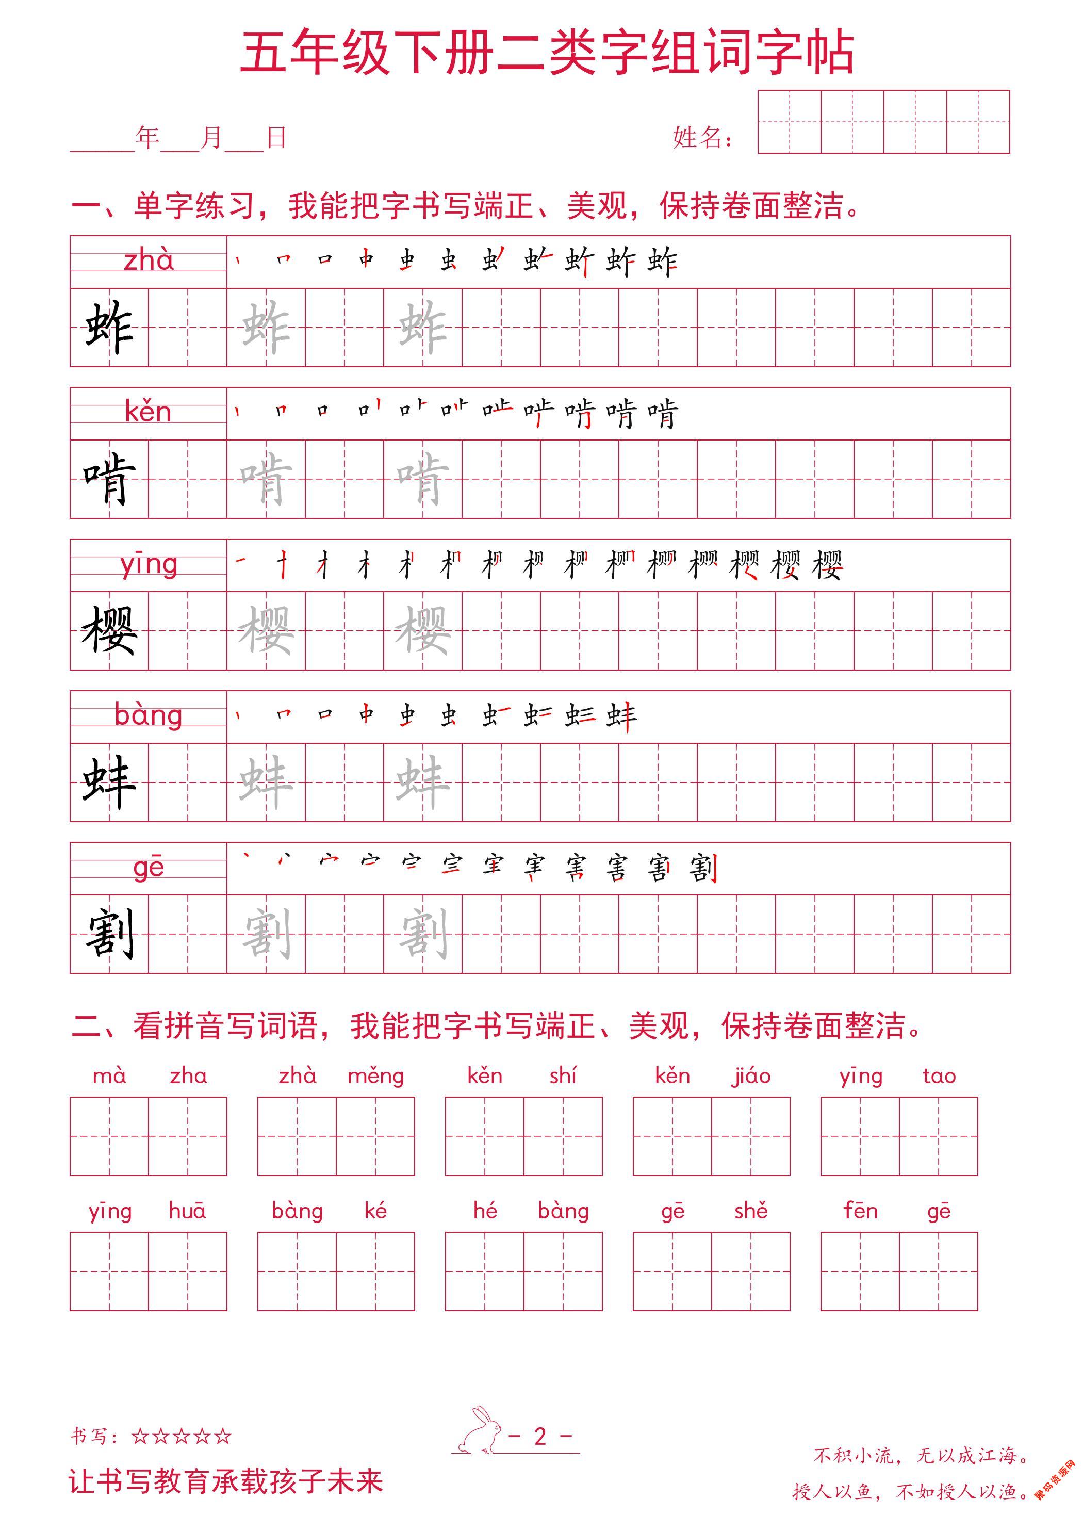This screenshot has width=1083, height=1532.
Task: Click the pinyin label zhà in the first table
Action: tap(148, 260)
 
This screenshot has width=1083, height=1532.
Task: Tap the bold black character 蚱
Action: tap(109, 328)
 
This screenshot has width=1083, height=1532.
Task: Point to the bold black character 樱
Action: tap(109, 630)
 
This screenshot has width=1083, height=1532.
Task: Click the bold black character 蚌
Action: tap(109, 782)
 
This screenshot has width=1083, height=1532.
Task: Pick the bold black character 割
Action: tap(109, 934)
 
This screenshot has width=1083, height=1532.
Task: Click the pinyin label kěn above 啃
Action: tap(148, 412)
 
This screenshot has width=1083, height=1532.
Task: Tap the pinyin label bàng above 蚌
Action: tap(148, 715)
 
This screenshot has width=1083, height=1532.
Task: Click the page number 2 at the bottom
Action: tap(540, 1436)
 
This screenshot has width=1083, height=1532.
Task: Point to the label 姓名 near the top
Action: tap(701, 138)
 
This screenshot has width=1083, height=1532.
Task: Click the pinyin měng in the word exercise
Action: tap(375, 1077)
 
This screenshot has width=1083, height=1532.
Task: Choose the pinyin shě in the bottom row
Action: tap(751, 1211)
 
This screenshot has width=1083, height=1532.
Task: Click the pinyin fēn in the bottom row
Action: tap(860, 1211)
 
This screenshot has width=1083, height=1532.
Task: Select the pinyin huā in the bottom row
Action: tap(188, 1211)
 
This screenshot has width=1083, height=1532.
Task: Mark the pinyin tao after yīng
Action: tap(939, 1077)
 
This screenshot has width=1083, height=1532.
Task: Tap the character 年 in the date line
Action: tap(147, 137)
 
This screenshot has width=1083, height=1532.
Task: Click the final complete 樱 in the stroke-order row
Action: tap(827, 566)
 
